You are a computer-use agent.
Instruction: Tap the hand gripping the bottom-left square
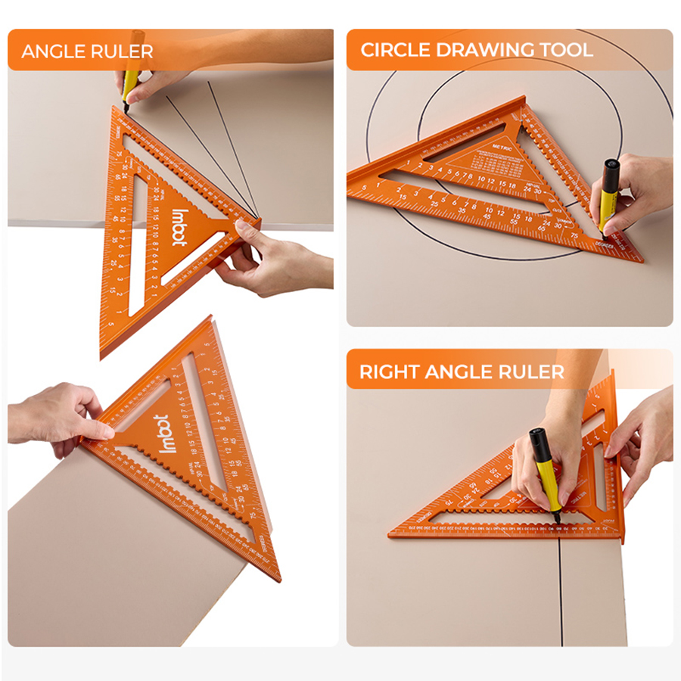tap(57, 416)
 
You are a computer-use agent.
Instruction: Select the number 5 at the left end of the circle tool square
tap(365, 186)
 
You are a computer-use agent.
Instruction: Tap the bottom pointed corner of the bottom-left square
tap(275, 578)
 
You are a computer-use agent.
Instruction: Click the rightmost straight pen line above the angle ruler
tap(231, 151)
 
